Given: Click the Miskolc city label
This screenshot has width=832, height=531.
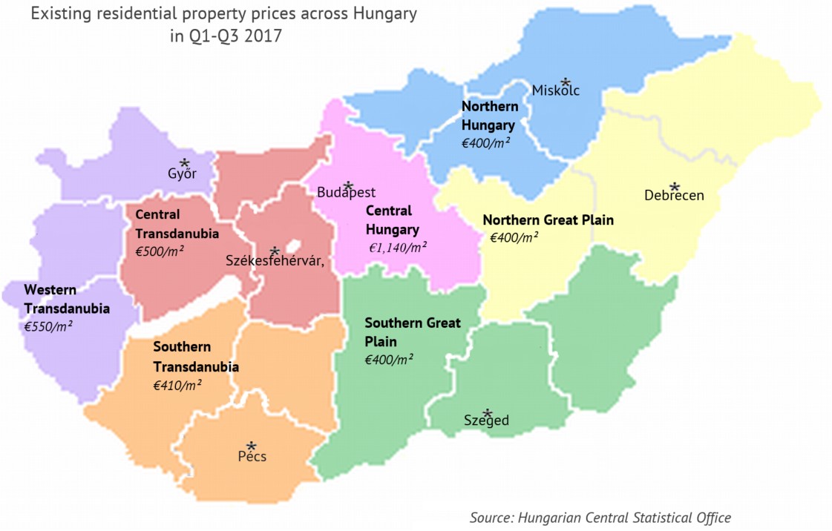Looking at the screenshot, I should [555, 90].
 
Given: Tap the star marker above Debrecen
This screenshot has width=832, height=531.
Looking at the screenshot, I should [674, 186].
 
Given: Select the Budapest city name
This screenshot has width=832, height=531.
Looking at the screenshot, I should [346, 193].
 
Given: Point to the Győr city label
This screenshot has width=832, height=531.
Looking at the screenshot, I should [182, 174].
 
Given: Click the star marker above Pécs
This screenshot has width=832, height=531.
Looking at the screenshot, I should [252, 446].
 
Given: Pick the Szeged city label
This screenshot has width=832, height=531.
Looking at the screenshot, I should [486, 421].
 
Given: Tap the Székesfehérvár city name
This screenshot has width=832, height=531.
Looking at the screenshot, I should [275, 261].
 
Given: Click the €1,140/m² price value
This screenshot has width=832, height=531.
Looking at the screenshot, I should [398, 247].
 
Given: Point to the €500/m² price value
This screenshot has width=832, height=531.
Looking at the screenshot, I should [160, 251].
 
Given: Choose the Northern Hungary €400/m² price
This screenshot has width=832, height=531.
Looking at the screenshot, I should [485, 142].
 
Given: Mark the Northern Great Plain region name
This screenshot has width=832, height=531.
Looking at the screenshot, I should [548, 220].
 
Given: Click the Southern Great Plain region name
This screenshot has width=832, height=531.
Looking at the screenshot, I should [413, 332].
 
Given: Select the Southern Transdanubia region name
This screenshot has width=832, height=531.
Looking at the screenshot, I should [196, 357].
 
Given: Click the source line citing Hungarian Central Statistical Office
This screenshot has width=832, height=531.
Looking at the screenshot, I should [600, 518].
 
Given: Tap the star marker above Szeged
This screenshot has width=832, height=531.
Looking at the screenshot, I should [487, 412].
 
